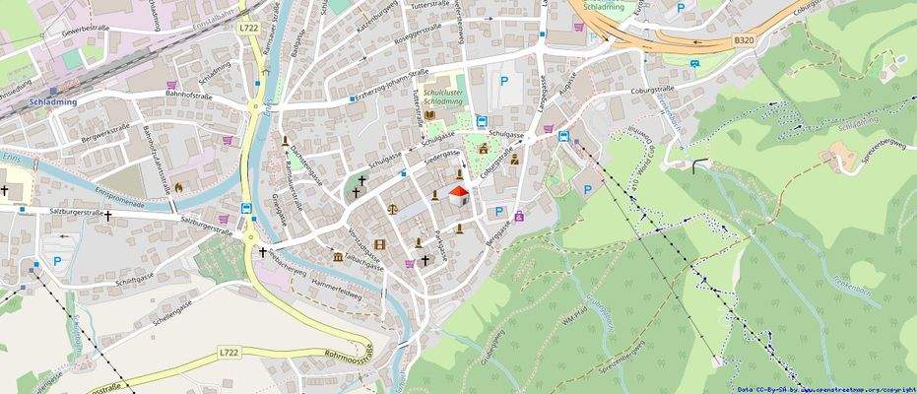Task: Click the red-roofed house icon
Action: pos(457,195)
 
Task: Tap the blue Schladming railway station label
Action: pos(47,101)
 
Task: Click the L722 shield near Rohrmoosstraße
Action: pos(229,352)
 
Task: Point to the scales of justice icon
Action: pos(393,209)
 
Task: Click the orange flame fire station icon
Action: pos(178,186)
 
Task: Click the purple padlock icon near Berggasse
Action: pos(519,216)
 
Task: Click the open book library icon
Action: pos(429,115)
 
